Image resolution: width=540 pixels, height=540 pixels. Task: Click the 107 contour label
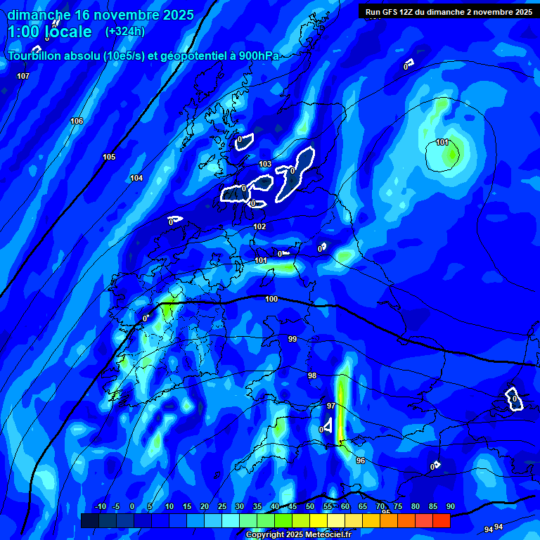click(23, 76)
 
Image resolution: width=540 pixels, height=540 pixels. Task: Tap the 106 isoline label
click(77, 122)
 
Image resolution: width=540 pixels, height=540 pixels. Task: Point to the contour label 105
click(109, 157)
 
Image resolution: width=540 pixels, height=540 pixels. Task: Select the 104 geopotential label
click(136, 179)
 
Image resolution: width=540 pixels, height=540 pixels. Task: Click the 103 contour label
click(265, 165)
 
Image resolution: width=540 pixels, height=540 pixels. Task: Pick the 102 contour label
click(259, 226)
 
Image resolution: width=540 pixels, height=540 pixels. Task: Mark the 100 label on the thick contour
click(271, 299)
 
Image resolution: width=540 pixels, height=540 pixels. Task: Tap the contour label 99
click(292, 339)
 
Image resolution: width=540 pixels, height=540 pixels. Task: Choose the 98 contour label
click(312, 375)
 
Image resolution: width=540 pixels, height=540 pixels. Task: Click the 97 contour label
click(331, 406)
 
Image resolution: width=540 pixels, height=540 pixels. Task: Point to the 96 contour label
click(361, 461)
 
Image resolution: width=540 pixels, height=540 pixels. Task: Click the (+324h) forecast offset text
click(125, 32)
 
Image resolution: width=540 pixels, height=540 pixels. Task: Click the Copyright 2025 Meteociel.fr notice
click(299, 534)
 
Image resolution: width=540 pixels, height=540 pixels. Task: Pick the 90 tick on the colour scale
click(450, 507)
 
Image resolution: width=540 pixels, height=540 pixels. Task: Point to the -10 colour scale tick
click(100, 507)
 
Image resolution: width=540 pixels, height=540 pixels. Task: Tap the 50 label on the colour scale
click(310, 507)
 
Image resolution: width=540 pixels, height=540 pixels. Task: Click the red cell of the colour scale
click(441, 520)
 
